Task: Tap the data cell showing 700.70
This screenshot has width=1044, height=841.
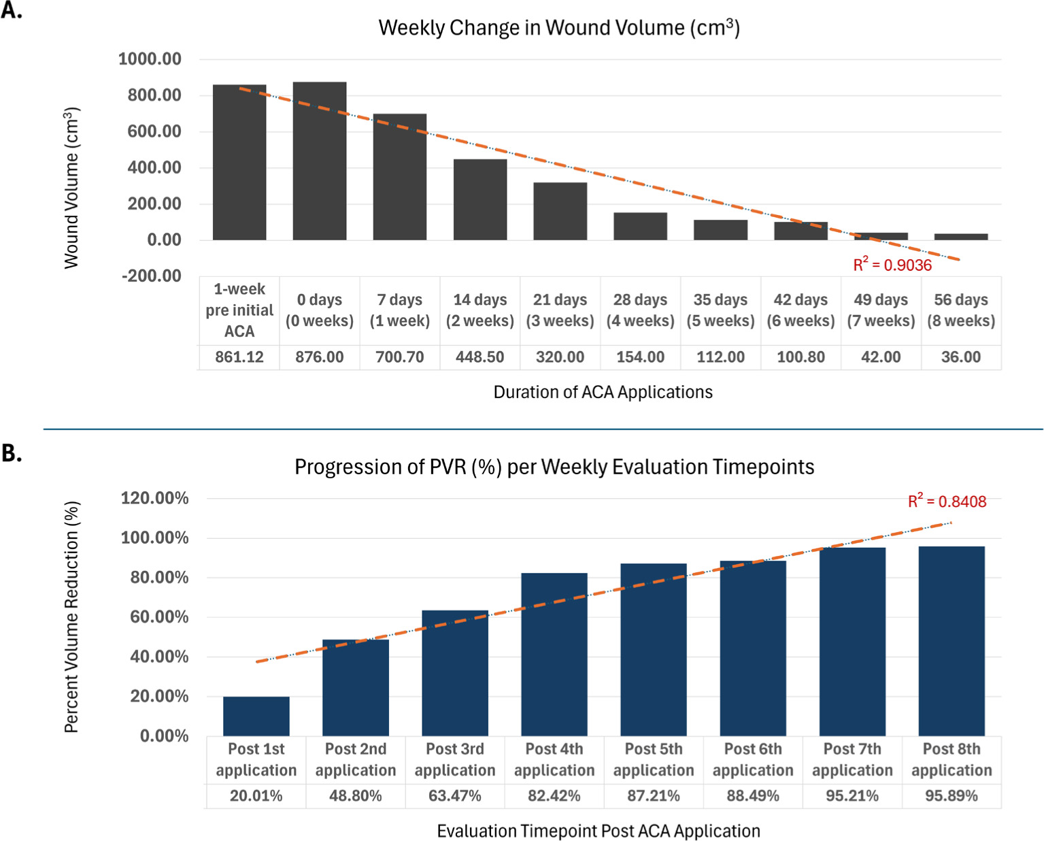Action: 400,357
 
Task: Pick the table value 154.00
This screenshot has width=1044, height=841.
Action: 640,357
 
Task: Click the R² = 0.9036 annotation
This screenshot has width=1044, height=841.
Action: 892,265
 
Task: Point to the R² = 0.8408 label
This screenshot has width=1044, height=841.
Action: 947,501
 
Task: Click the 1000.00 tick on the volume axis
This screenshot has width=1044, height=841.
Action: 150,59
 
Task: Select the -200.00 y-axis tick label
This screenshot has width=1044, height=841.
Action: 151,276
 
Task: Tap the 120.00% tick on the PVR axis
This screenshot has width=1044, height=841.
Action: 154,498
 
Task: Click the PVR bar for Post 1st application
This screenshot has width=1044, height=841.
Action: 256,716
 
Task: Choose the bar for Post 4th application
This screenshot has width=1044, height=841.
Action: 554,654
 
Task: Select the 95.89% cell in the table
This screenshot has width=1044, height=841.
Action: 952,795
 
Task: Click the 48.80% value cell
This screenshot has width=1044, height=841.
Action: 356,795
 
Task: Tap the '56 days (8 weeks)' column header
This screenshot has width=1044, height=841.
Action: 961,310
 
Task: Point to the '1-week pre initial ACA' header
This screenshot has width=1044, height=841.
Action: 239,310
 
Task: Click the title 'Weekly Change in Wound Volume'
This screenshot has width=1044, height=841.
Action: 559,28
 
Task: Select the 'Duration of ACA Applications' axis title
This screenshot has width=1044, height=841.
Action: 603,393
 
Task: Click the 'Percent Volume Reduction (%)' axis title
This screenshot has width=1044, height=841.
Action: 71,616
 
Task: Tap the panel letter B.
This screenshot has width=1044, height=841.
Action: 12,453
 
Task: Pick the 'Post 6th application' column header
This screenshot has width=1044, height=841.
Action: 753,759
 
